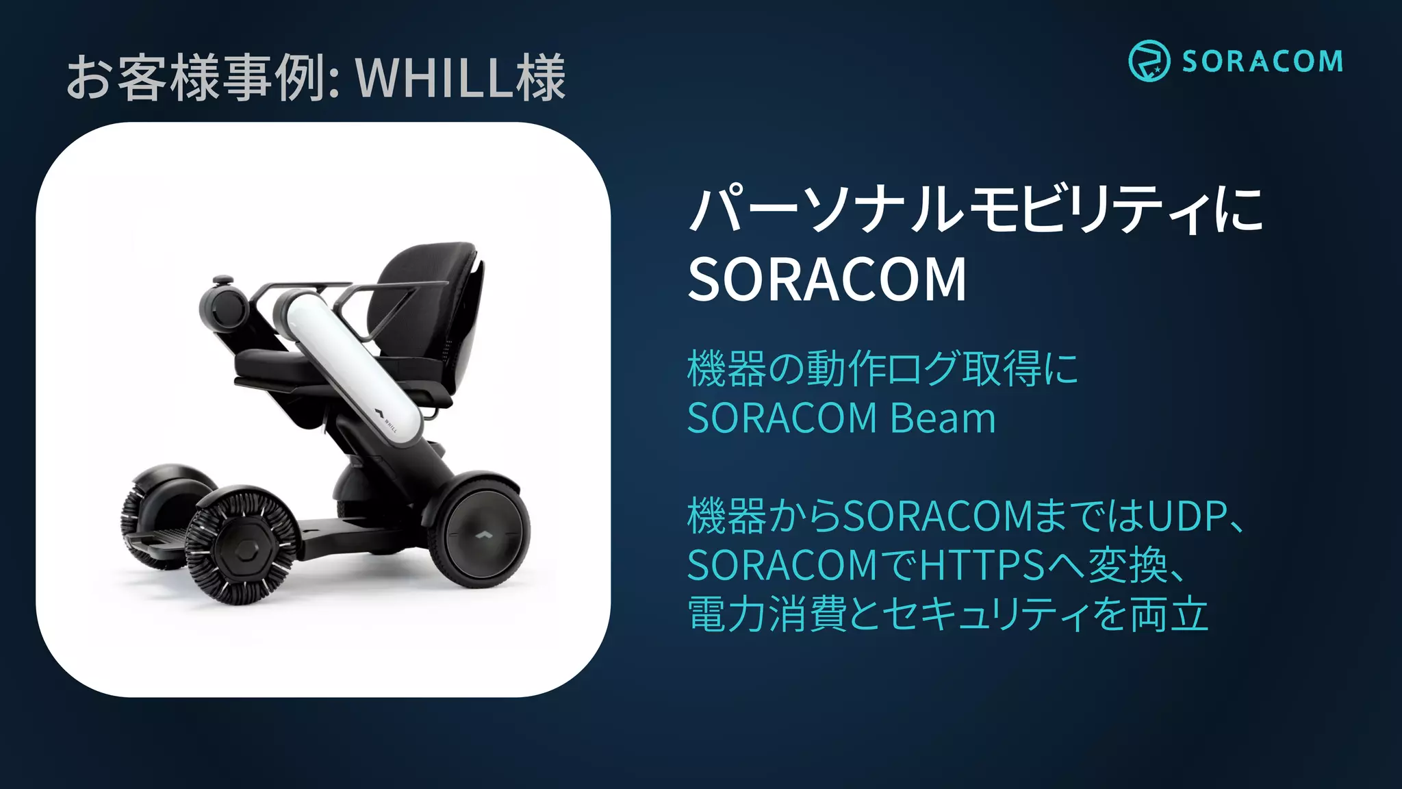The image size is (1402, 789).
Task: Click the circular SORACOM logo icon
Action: click(1149, 61)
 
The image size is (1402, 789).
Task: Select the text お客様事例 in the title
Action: click(196, 78)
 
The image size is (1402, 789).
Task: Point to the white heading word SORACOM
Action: click(827, 279)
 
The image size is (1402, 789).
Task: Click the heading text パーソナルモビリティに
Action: click(976, 209)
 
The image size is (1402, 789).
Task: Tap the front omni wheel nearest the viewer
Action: click(243, 547)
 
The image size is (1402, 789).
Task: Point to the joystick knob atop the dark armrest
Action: click(222, 280)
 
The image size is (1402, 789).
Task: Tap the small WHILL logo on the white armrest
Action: click(385, 419)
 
